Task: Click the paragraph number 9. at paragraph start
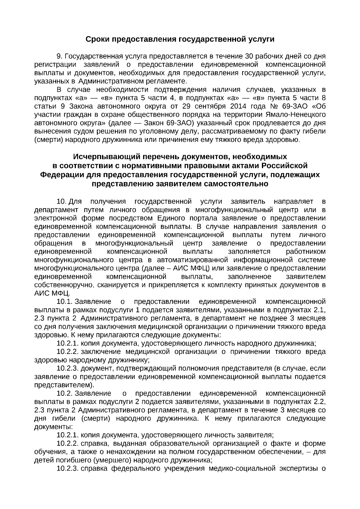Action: [x=59, y=56]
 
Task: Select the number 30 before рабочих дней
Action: [x=250, y=56]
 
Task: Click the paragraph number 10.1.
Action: [x=63, y=301]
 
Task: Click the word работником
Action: [x=306, y=251]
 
